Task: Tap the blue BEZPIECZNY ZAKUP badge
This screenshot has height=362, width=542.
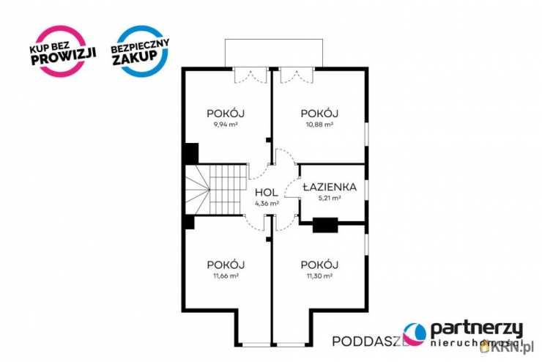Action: coord(140,51)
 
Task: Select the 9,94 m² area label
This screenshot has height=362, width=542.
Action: coord(226,125)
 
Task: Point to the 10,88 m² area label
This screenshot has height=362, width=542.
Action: coord(319,125)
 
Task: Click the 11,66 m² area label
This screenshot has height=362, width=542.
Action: coord(226,276)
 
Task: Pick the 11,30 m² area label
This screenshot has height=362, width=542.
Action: coord(319,276)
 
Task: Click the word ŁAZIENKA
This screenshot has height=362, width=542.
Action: coord(333,187)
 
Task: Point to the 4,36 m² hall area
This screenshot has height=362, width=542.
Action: coord(266,203)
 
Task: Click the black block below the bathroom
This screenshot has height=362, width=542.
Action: coord(324,225)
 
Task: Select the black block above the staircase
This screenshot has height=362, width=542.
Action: coord(190,153)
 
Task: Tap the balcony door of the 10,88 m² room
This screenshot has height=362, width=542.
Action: coord(296,75)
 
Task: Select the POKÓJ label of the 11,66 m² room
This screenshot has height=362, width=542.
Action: coord(226,265)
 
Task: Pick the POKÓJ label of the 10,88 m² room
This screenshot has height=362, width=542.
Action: coord(319,114)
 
